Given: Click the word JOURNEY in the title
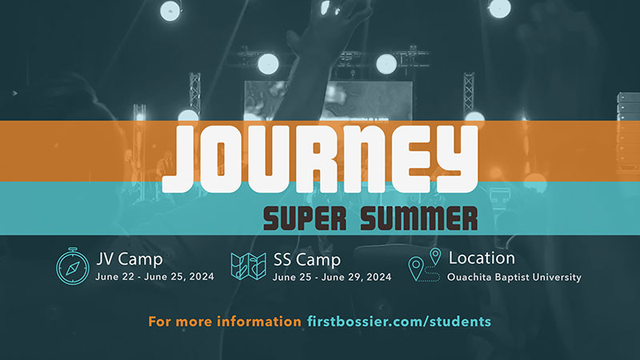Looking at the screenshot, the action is (x=320, y=158).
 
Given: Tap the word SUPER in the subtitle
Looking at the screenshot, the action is (x=305, y=218).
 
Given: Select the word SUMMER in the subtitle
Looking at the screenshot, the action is (x=418, y=218).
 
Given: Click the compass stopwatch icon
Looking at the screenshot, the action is (x=73, y=266).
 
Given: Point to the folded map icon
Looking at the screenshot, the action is (x=248, y=266).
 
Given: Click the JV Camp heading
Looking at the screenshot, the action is (x=130, y=259).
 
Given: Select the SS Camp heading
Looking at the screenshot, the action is (x=307, y=260).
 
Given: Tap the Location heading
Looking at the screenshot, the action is (x=482, y=258).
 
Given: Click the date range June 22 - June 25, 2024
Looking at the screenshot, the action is (x=154, y=277).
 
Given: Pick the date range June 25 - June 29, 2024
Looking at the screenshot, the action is (x=332, y=277).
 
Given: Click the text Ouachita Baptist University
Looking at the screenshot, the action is (x=514, y=277).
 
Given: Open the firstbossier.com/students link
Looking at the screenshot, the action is (x=399, y=322).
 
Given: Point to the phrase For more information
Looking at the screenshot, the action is (x=225, y=322).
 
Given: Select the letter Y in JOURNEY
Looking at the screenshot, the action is (x=456, y=158).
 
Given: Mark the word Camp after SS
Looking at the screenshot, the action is (x=318, y=261).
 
